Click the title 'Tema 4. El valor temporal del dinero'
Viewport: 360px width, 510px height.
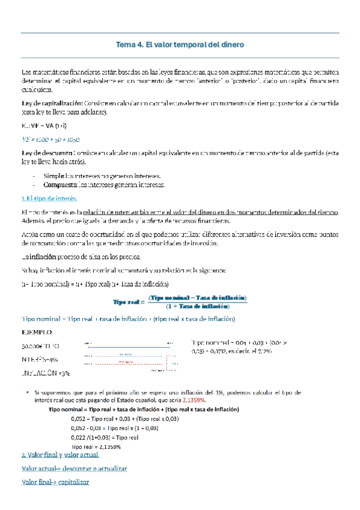(180, 45)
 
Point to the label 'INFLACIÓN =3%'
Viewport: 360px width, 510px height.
(46, 373)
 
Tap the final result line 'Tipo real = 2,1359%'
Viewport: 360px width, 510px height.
(96, 447)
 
